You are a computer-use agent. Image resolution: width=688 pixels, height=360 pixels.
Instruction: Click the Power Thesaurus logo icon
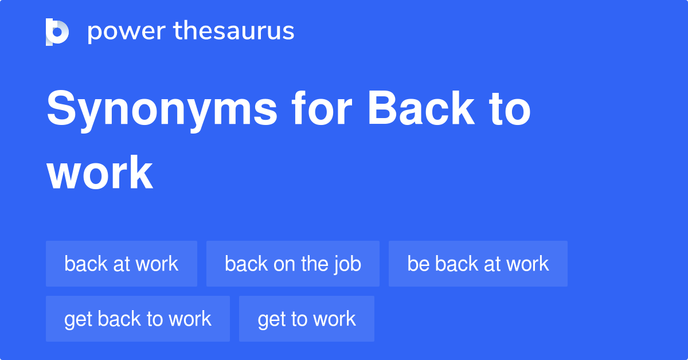point(57,32)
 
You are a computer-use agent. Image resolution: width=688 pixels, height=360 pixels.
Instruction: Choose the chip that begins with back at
point(122,264)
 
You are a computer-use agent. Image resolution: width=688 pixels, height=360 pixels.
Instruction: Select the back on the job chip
point(293,264)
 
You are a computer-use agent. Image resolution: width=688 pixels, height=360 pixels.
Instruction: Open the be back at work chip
point(478,264)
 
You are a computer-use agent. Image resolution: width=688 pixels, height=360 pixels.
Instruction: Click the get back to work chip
point(138,319)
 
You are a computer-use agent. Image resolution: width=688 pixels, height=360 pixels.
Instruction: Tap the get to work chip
point(307,319)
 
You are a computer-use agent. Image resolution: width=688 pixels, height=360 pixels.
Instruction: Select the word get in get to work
point(271,319)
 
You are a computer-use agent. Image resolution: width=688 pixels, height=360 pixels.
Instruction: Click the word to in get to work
point(298,319)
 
